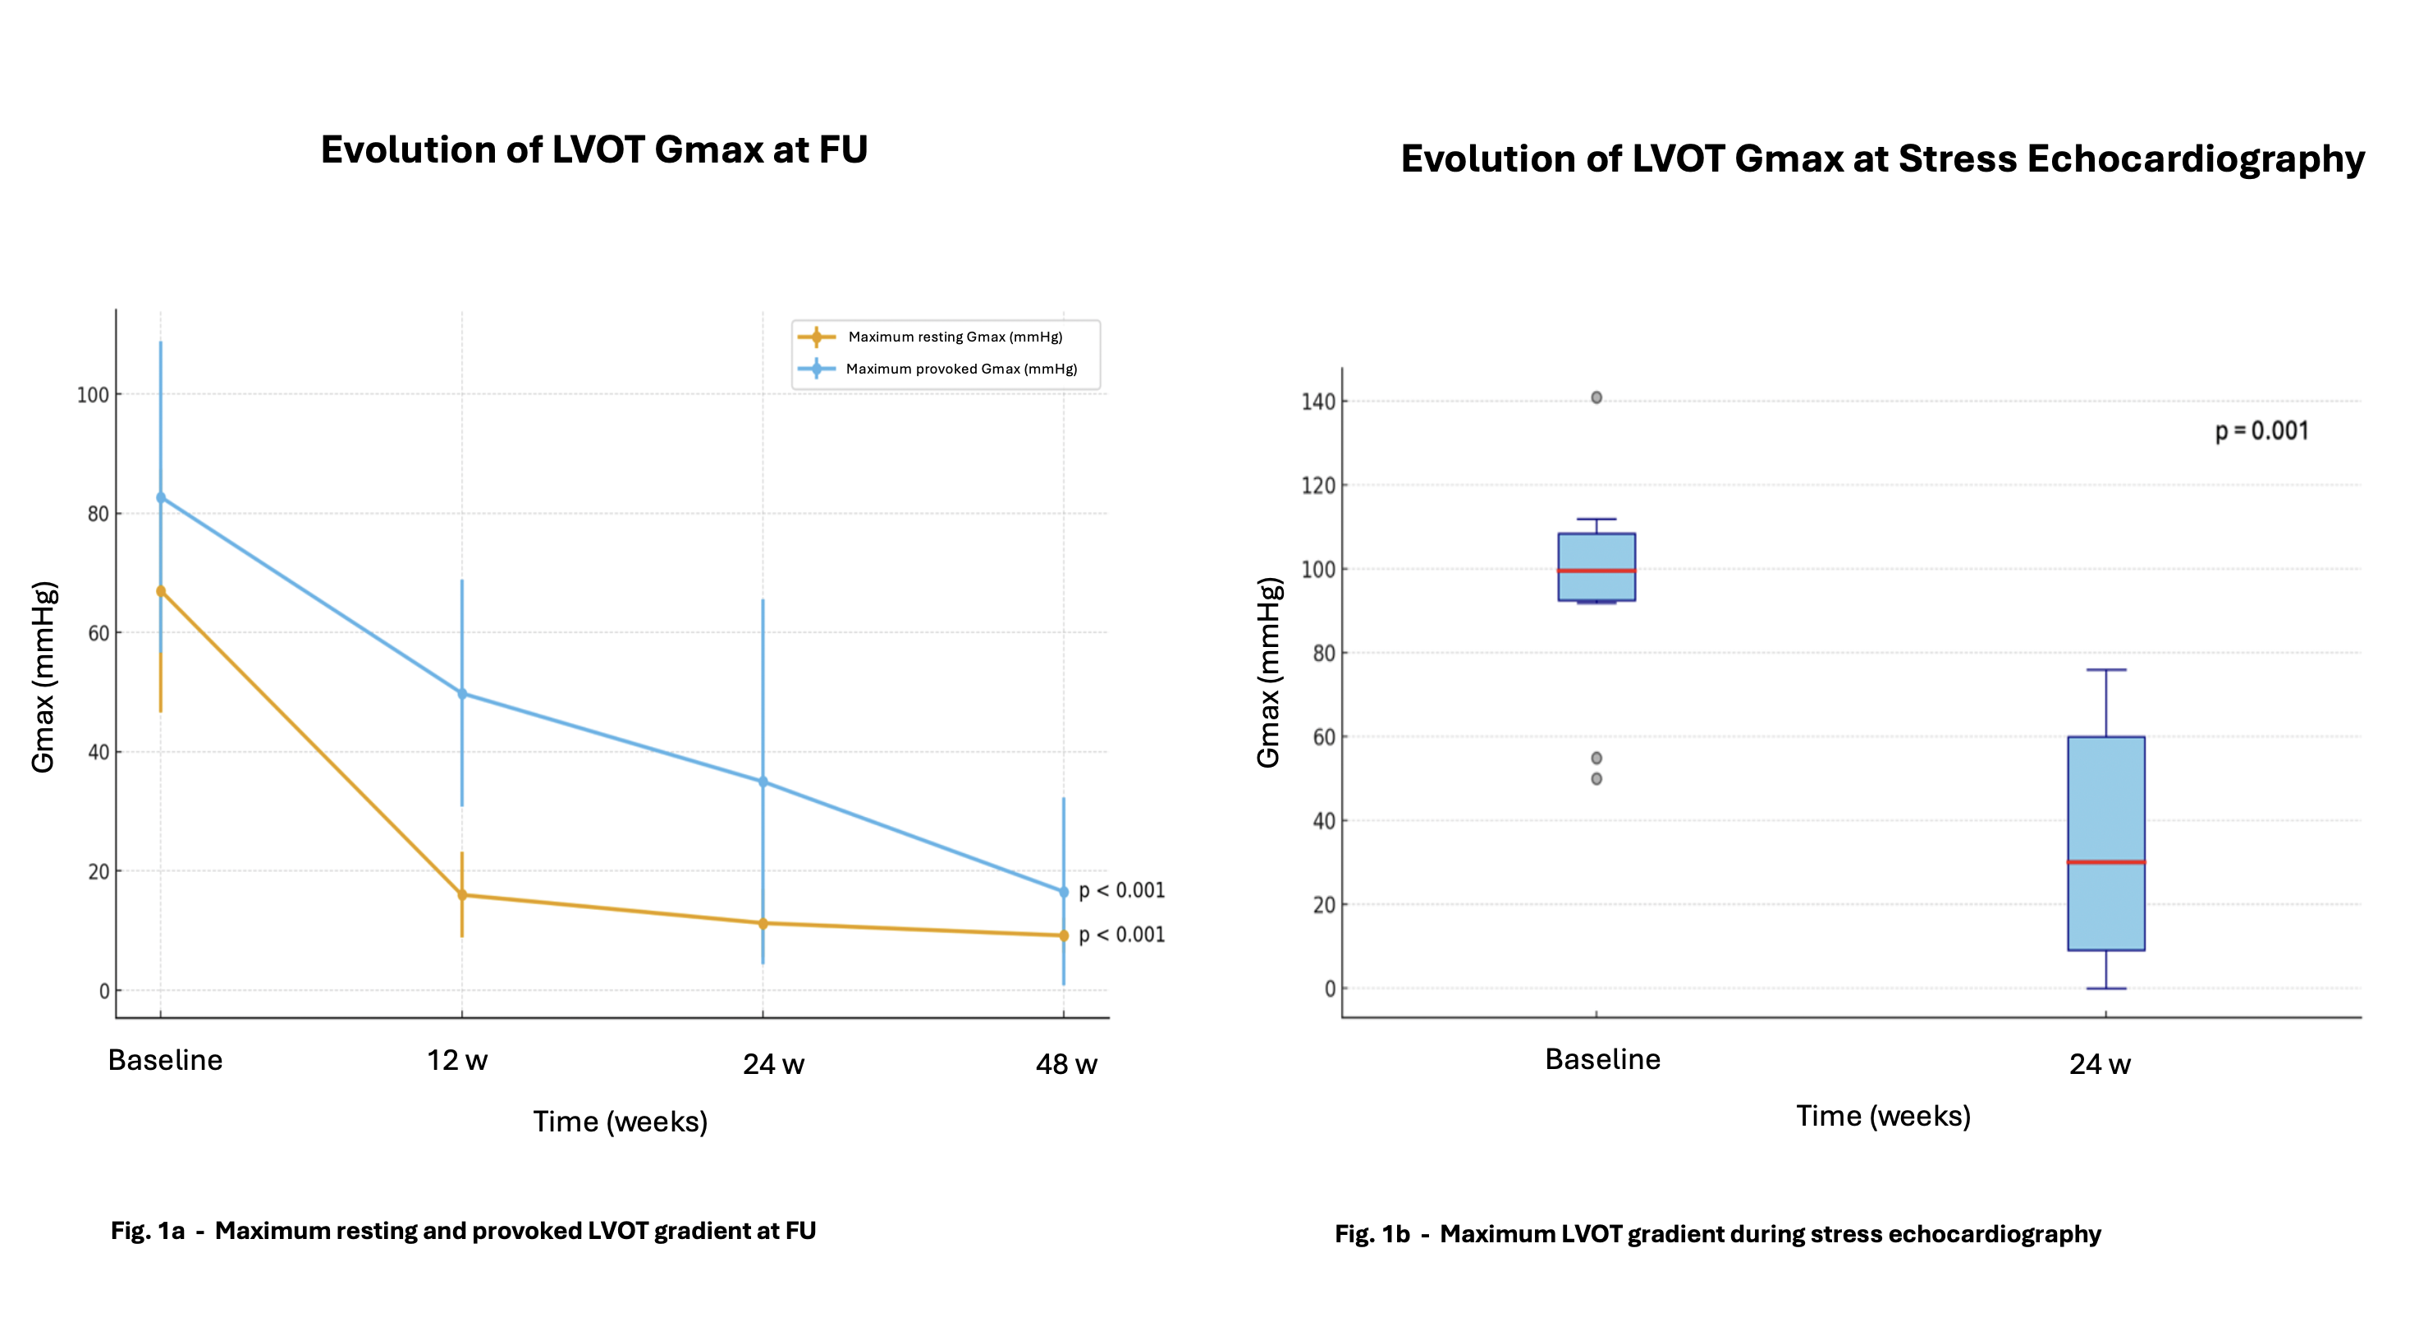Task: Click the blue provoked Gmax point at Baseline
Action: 160,497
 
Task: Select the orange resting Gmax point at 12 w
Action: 462,895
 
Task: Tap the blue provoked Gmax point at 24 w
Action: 763,782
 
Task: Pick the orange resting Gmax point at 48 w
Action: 1063,935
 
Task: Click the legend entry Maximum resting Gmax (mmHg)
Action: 955,337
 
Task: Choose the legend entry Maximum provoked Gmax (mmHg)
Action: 961,369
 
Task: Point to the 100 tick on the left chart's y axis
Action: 93,395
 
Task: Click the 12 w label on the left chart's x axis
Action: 457,1060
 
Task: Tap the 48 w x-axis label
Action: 1066,1064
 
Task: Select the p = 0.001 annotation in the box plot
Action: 2261,431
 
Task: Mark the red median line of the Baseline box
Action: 1596,571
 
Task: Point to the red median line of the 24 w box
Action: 2105,861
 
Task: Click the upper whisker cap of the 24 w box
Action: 2105,669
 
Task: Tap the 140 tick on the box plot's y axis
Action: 1317,402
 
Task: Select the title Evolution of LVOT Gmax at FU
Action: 593,150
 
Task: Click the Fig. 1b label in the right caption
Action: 1372,1234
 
